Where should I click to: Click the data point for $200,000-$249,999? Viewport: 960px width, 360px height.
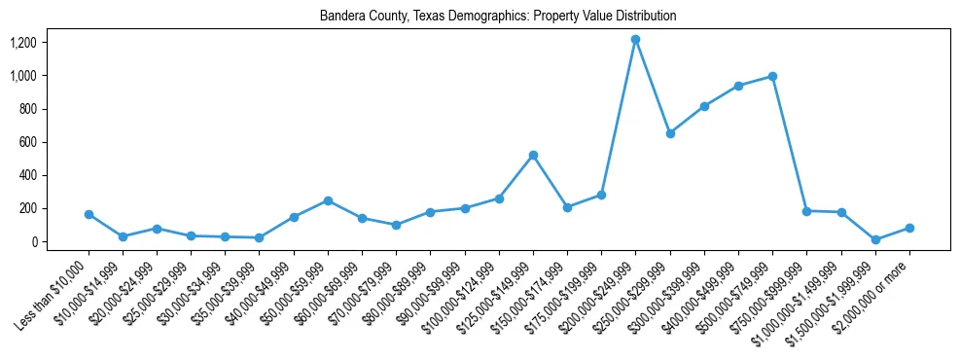click(635, 40)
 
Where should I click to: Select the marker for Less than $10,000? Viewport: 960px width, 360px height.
click(89, 214)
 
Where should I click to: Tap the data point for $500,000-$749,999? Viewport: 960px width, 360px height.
click(772, 76)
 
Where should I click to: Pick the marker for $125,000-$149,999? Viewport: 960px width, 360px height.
click(533, 155)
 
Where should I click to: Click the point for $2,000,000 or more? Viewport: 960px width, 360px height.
click(909, 228)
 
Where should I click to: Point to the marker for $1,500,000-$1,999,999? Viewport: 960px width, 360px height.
click(875, 239)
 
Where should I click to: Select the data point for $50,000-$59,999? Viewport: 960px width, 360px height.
click(328, 200)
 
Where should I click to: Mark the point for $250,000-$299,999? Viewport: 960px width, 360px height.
click(670, 133)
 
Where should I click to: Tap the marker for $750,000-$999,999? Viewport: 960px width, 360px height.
click(806, 210)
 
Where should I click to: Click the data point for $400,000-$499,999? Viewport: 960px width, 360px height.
click(738, 86)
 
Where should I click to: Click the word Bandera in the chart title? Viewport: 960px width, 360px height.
click(340, 17)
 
